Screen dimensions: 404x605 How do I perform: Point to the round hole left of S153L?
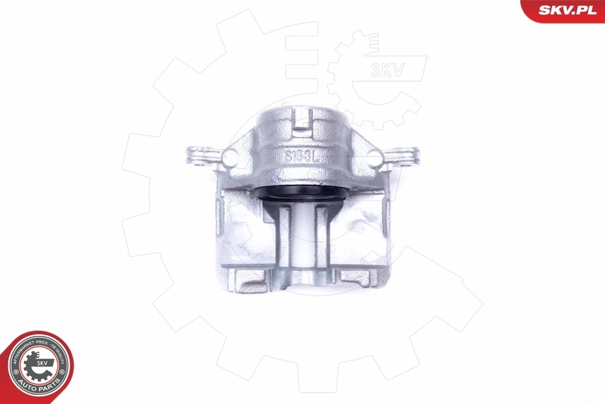229,157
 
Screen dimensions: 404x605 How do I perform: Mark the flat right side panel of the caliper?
367,227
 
